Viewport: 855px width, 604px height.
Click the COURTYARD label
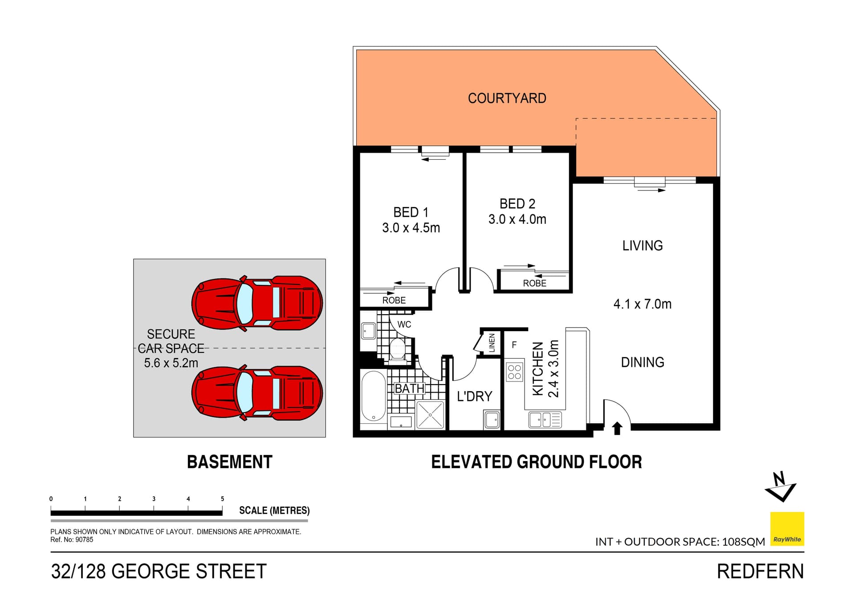pyautogui.click(x=507, y=98)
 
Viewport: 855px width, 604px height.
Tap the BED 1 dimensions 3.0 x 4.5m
pyautogui.click(x=411, y=228)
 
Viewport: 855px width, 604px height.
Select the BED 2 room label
pyautogui.click(x=517, y=203)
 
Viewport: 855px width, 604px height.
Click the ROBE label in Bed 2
pyautogui.click(x=534, y=283)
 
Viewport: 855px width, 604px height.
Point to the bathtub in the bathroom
pyautogui.click(x=373, y=396)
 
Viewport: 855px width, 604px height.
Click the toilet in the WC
pyautogui.click(x=397, y=349)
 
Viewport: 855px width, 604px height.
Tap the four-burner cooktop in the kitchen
pyautogui.click(x=514, y=372)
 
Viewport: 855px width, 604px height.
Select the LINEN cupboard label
pyautogui.click(x=492, y=343)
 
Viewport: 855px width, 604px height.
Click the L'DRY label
pyautogui.click(x=474, y=396)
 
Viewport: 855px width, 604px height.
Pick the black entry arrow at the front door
pyautogui.click(x=617, y=428)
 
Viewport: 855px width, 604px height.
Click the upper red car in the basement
pyautogui.click(x=257, y=303)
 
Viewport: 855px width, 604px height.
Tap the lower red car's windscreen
pyautogui.click(x=244, y=393)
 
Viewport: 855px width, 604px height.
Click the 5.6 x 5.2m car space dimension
pyautogui.click(x=171, y=363)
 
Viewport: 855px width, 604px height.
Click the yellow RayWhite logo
pyautogui.click(x=787, y=529)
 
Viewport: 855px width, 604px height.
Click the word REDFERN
pyautogui.click(x=760, y=572)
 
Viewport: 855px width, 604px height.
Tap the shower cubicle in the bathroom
pyautogui.click(x=430, y=415)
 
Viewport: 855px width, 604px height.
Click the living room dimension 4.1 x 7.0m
pyautogui.click(x=642, y=304)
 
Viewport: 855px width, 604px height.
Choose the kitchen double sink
pyautogui.click(x=545, y=420)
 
